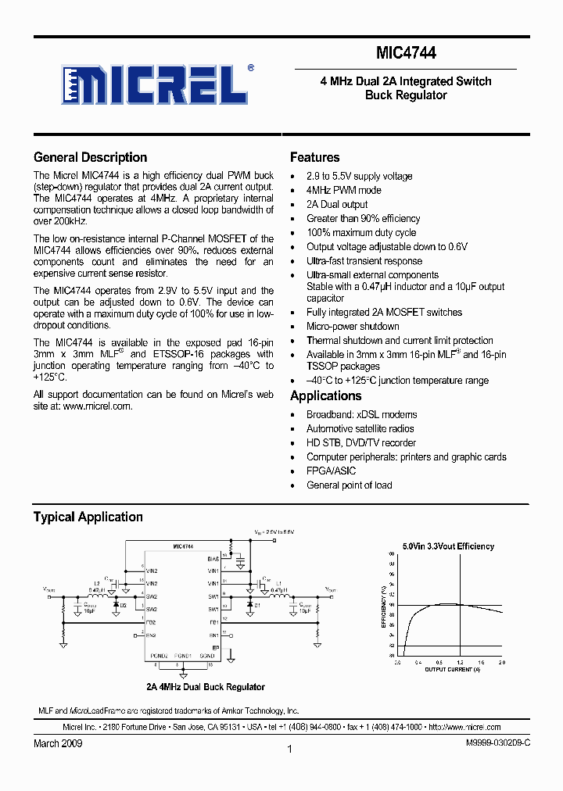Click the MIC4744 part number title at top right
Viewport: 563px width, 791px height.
coord(406,53)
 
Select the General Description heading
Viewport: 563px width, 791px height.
coord(90,157)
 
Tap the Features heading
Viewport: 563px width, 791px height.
coord(314,157)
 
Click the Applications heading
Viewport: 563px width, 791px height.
coord(325,395)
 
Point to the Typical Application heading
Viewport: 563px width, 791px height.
coord(88,517)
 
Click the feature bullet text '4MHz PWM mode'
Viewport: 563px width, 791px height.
coord(343,190)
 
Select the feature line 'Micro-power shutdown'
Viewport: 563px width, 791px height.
coord(353,326)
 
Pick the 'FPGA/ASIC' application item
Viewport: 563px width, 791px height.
coord(331,471)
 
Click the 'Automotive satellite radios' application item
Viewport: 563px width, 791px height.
coord(360,428)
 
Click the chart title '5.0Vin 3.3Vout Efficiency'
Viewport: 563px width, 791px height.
coord(448,546)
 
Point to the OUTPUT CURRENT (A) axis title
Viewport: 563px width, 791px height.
coord(452,670)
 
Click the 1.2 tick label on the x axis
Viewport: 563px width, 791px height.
coord(458,662)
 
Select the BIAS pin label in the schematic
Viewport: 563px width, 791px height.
coord(213,559)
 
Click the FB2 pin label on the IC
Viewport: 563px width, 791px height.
coord(151,622)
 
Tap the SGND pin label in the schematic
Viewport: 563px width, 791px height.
coord(206,654)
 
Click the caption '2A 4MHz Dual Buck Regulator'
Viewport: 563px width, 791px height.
coord(206,687)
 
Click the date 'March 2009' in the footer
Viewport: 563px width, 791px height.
coord(58,743)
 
